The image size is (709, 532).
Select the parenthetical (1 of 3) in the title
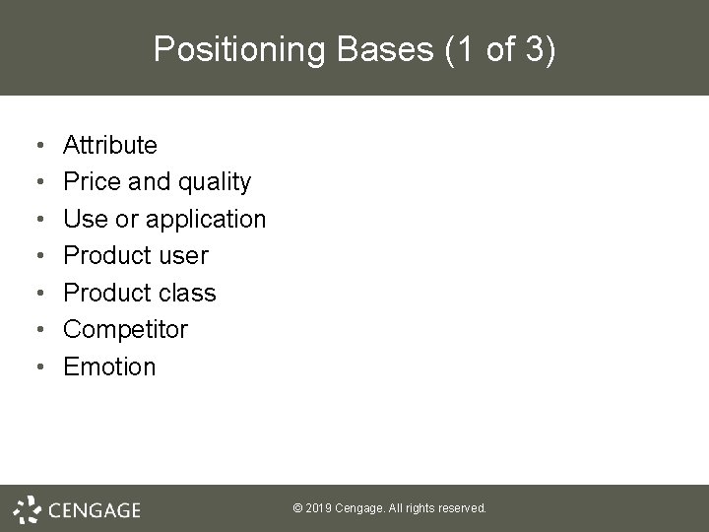(499, 49)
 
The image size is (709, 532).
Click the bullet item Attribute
(109, 146)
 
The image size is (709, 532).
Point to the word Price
(90, 182)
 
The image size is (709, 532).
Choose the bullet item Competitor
(125, 329)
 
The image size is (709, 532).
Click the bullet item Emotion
(109, 366)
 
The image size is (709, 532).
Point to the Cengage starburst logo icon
(29, 508)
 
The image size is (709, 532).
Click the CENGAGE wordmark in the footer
(94, 509)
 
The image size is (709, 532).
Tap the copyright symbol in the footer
(298, 508)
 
